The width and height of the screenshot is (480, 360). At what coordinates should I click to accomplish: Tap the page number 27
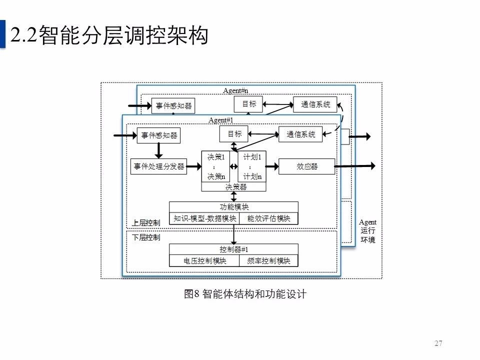click(438, 343)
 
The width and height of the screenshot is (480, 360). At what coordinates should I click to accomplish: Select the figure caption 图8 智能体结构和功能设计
click(245, 294)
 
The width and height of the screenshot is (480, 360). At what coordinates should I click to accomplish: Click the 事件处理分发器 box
click(159, 166)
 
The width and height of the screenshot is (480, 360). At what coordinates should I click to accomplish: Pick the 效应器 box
click(306, 166)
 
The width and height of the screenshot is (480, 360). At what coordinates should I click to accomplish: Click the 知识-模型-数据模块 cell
click(204, 218)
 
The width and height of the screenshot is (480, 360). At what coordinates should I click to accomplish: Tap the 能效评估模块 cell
click(269, 218)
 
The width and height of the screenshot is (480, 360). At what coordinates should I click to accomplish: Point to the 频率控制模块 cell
click(269, 260)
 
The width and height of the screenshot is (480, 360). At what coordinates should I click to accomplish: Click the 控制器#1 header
click(234, 249)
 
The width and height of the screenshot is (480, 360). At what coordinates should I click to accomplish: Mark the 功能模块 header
click(234, 207)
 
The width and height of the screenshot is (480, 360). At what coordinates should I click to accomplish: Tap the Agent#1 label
click(221, 120)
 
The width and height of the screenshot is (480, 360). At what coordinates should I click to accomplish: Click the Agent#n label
click(236, 90)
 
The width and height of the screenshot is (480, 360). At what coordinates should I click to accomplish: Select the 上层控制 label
click(145, 222)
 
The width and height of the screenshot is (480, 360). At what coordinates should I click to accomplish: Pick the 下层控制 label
click(146, 237)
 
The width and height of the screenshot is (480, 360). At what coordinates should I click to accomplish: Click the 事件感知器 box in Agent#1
click(159, 135)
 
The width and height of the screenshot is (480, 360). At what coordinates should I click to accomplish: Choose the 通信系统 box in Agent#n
click(315, 104)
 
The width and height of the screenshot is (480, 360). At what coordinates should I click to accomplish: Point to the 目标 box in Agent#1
click(234, 133)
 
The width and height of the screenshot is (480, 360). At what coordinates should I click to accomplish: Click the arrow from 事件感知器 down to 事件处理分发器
click(159, 150)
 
